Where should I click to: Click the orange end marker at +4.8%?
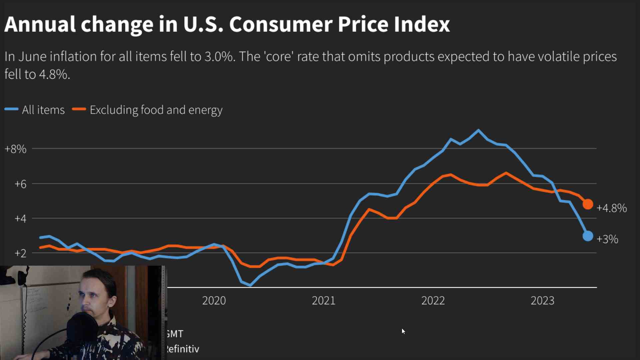pyautogui.click(x=588, y=204)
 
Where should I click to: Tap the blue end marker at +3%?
pyautogui.click(x=588, y=236)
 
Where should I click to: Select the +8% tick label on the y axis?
pyautogui.click(x=15, y=149)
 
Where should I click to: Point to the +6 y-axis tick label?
pyautogui.click(x=20, y=184)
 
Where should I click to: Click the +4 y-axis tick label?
pyautogui.click(x=20, y=218)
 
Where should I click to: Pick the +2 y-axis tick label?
pyautogui.click(x=20, y=253)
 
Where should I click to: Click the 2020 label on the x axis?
pyautogui.click(x=214, y=300)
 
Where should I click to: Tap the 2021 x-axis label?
pyautogui.click(x=324, y=300)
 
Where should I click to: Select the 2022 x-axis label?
pyautogui.click(x=433, y=300)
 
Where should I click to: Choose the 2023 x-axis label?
pyautogui.click(x=542, y=300)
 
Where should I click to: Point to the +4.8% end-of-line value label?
pyautogui.click(x=611, y=208)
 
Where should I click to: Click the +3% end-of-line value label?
pyautogui.click(x=607, y=239)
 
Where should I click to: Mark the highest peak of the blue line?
pyautogui.click(x=479, y=130)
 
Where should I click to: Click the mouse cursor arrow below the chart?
pyautogui.click(x=403, y=331)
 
